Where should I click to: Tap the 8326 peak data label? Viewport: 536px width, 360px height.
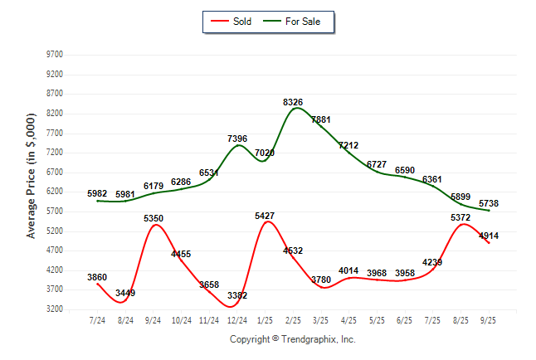[x=293, y=102]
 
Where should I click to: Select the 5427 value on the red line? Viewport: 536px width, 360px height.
[x=266, y=216]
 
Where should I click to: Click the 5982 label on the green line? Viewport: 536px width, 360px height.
[x=99, y=193]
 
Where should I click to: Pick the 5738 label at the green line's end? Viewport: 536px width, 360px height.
[x=488, y=203]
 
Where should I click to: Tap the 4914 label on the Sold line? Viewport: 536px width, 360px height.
[x=488, y=236]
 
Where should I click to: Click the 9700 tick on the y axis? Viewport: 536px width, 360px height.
[x=55, y=55]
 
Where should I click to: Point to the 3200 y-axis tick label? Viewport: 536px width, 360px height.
[x=55, y=309]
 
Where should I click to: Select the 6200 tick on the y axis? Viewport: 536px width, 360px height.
[x=55, y=192]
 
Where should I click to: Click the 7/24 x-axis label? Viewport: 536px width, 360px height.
[x=98, y=320]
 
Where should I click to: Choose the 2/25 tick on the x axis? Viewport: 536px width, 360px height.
[x=293, y=320]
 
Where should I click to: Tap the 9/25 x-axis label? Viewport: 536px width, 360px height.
[x=489, y=320]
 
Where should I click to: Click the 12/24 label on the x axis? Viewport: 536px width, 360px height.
[x=237, y=320]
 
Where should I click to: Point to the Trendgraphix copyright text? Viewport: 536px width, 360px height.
[x=292, y=339]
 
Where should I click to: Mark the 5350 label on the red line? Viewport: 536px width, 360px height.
[x=153, y=218]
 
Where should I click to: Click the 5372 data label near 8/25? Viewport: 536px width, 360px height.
[x=460, y=217]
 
